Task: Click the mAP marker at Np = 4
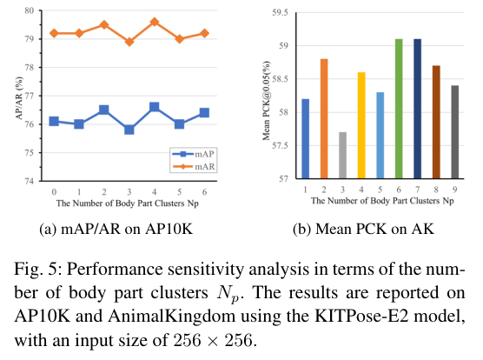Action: click(x=154, y=107)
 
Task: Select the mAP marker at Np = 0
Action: click(x=54, y=121)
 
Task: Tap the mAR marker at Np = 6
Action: click(x=203, y=33)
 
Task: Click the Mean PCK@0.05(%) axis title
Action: click(x=263, y=96)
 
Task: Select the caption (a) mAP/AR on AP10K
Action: click(x=129, y=230)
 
